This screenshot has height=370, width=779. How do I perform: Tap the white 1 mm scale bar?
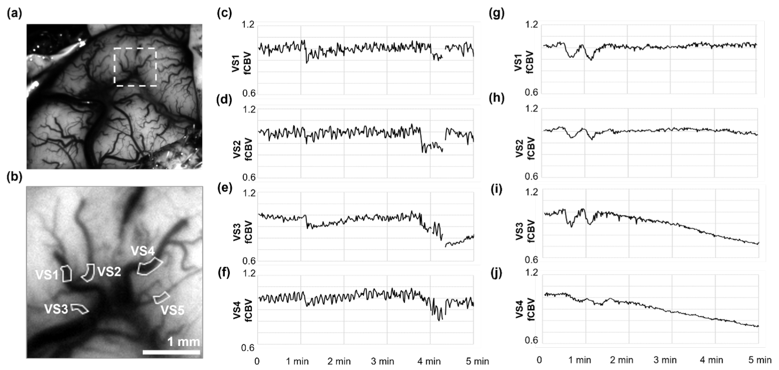pyautogui.click(x=171, y=352)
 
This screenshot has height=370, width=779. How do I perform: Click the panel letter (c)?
pyautogui.click(x=224, y=14)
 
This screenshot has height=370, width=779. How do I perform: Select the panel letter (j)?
pyautogui.click(x=496, y=273)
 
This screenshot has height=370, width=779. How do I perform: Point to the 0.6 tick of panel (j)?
pyautogui.click(x=531, y=340)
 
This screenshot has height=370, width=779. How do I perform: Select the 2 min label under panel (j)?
pyautogui.click(x=621, y=360)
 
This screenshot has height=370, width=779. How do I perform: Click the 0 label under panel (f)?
pyautogui.click(x=257, y=361)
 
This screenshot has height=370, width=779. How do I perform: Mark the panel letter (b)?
pyautogui.click(x=14, y=178)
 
